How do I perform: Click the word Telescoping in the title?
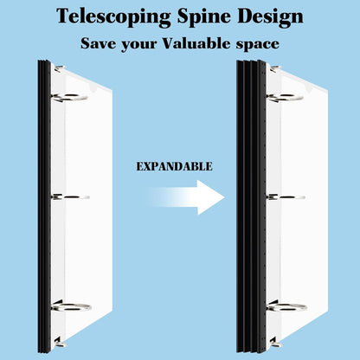[x=113, y=17]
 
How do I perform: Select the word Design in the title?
[x=270, y=16]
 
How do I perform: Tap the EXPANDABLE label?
[x=174, y=166]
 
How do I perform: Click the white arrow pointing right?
[x=185, y=197]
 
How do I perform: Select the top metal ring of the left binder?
[x=69, y=98]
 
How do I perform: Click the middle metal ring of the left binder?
[x=70, y=197]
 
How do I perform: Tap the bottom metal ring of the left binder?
[x=72, y=307]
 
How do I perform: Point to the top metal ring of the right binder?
[x=285, y=98]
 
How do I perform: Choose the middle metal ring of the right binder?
[x=286, y=197]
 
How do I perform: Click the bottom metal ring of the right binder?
[x=287, y=307]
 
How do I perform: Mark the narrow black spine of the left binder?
[x=44, y=206]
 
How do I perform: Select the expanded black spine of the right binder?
[x=251, y=206]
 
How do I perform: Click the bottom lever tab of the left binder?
[x=60, y=343]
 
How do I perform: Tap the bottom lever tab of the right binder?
[x=276, y=343]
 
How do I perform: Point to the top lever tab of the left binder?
[x=60, y=68]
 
